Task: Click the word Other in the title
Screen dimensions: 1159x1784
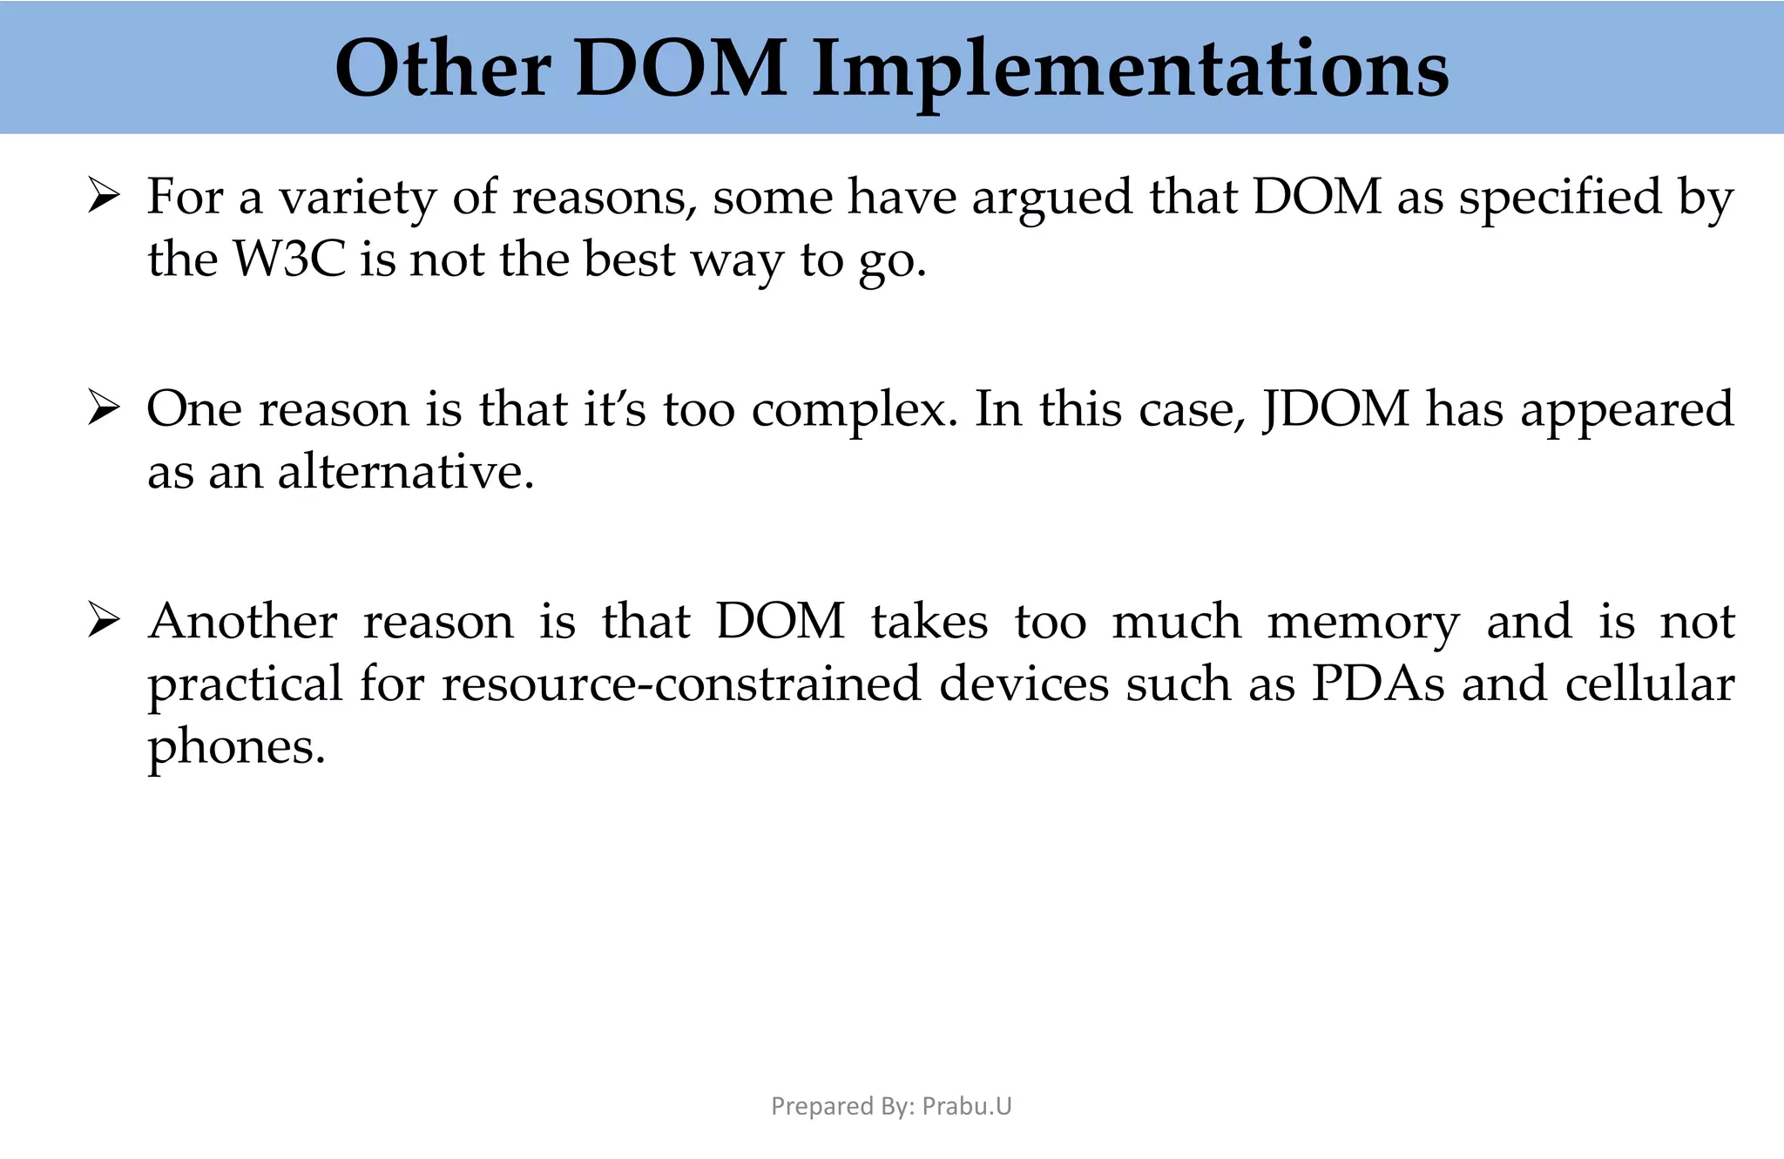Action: click(x=443, y=70)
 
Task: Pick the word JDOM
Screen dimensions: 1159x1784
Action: click(x=1335, y=409)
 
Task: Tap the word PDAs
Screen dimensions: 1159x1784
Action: click(x=1378, y=684)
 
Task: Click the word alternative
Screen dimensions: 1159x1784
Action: click(x=406, y=473)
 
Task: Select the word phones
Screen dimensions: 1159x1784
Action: click(x=236, y=747)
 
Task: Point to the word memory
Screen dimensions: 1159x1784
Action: click(x=1363, y=622)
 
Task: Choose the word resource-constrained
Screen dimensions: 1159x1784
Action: click(x=681, y=684)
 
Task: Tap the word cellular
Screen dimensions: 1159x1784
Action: click(x=1649, y=684)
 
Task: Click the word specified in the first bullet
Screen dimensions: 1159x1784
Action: click(x=1560, y=197)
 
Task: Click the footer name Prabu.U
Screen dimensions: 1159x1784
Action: click(x=967, y=1106)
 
